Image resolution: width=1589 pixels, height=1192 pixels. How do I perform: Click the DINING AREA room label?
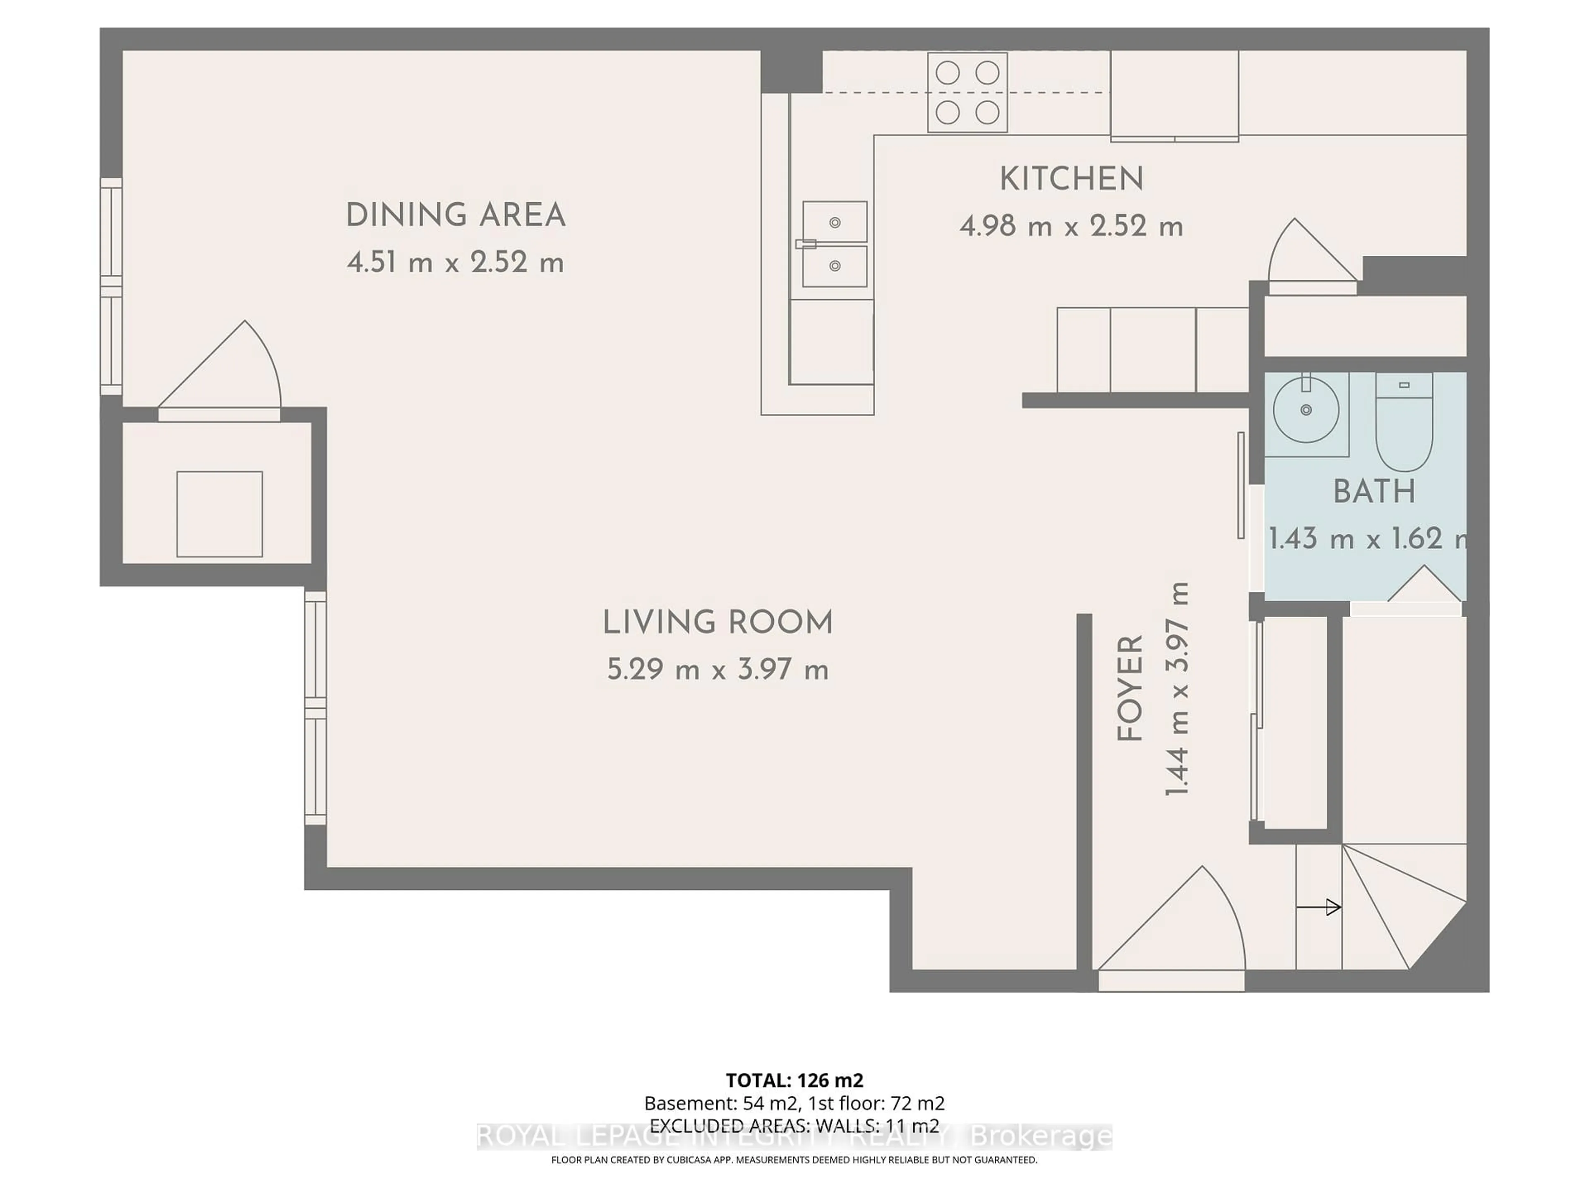(x=456, y=216)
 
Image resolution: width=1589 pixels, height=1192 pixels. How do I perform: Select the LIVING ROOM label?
(x=717, y=622)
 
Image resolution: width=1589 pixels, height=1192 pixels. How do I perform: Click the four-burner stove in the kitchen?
(x=967, y=93)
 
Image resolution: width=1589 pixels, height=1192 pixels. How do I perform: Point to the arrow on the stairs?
(x=1318, y=908)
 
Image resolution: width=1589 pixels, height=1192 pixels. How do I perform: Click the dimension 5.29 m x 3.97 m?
(x=717, y=670)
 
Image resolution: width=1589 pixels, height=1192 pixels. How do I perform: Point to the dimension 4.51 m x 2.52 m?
(x=456, y=263)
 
